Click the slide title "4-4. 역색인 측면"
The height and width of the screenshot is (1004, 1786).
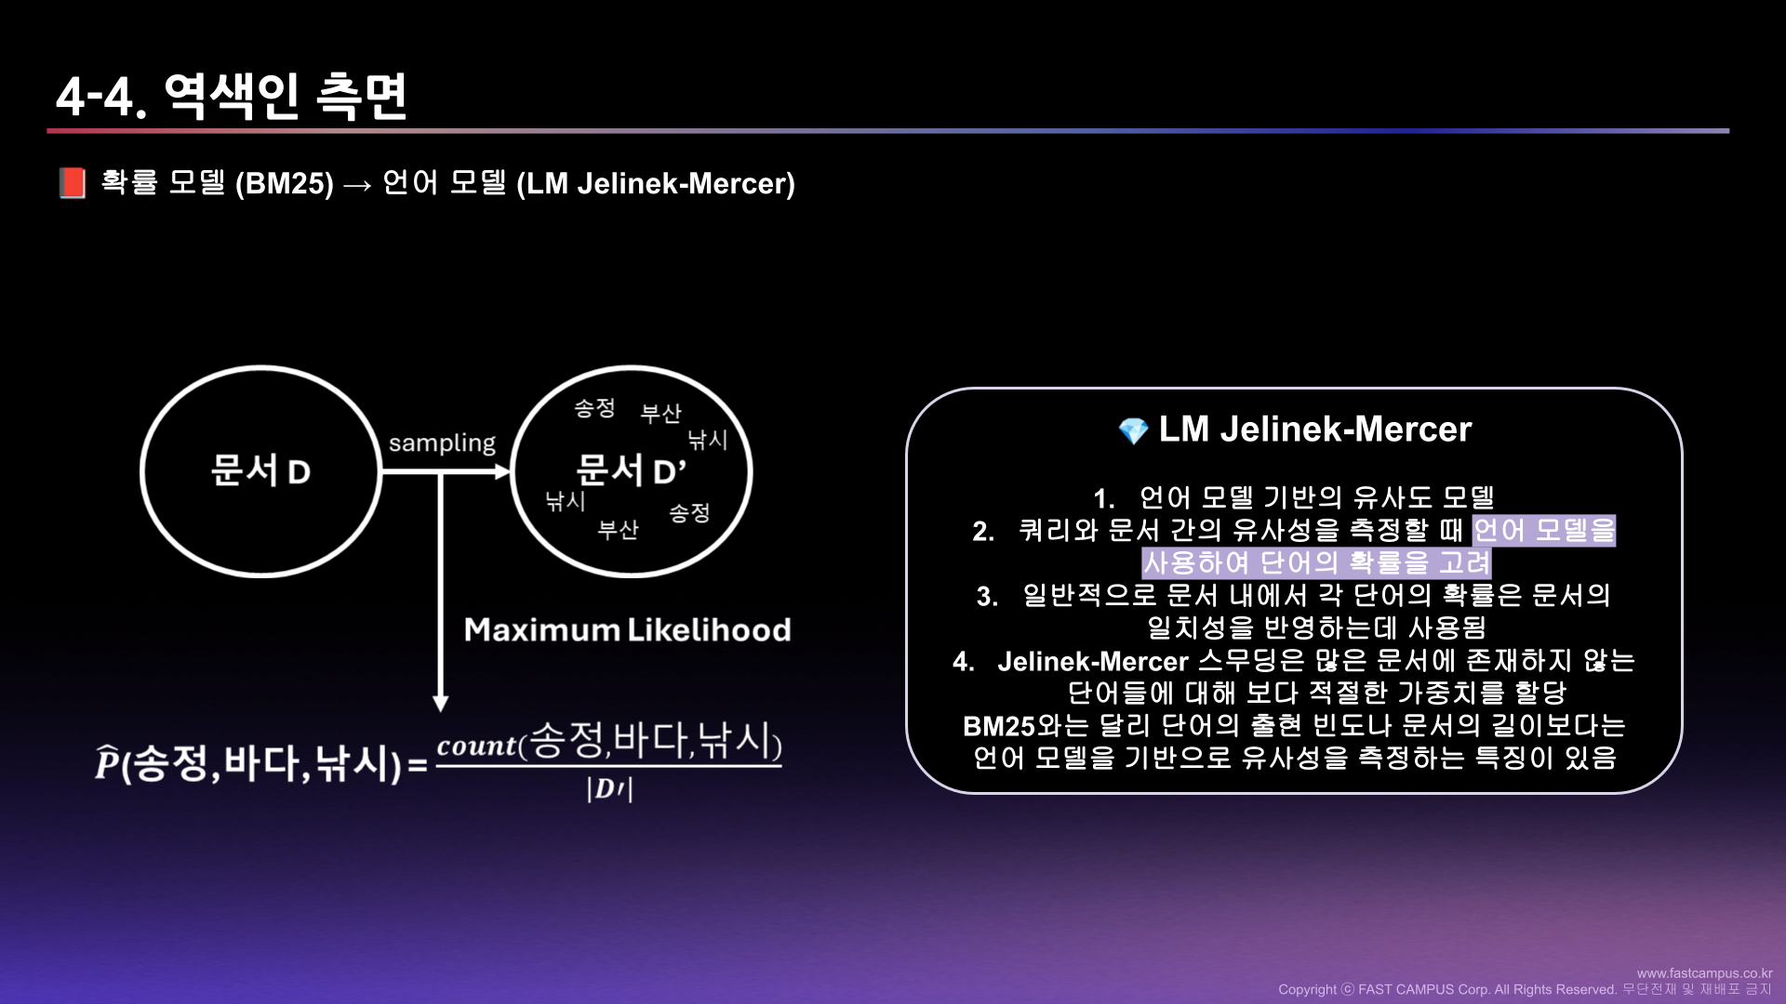(232, 96)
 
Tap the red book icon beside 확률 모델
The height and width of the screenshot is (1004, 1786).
(72, 183)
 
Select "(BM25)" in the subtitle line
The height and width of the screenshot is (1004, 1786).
(284, 183)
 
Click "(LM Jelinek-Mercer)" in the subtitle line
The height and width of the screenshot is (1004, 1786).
(656, 183)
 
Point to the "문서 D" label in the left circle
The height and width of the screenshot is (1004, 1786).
(260, 471)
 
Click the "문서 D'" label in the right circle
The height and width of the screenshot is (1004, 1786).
(631, 471)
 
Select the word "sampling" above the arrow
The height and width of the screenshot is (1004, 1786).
(442, 443)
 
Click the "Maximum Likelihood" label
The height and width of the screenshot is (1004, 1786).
(627, 630)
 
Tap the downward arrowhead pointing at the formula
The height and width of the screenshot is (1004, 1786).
(441, 703)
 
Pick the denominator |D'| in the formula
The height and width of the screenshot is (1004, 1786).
(609, 789)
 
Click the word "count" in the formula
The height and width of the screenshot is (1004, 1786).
(476, 746)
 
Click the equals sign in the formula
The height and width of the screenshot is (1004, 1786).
(418, 766)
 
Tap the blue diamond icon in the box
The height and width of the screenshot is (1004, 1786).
(1133, 430)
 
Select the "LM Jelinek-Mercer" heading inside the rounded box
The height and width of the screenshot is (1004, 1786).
(1314, 429)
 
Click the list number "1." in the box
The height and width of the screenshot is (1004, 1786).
(1103, 499)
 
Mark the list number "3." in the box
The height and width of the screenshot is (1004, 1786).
(987, 597)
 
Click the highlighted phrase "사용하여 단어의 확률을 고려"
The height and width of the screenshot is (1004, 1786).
(1316, 563)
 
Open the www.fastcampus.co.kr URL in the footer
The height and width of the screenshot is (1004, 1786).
(1704, 973)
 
